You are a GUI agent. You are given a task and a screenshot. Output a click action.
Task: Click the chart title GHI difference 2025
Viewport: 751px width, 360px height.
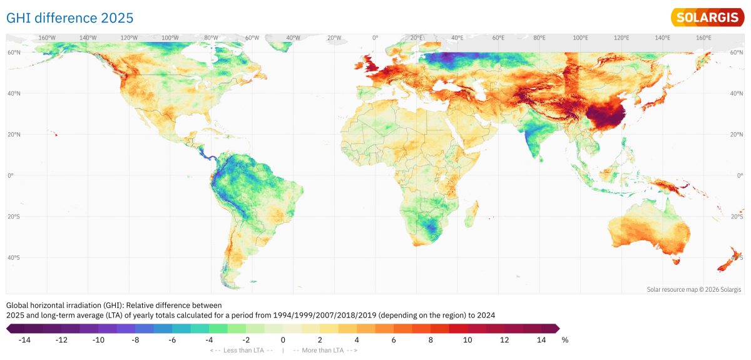click(x=69, y=18)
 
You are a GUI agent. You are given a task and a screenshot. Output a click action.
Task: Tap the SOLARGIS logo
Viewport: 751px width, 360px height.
click(x=707, y=18)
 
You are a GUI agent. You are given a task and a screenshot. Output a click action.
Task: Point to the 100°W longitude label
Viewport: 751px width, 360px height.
click(x=170, y=38)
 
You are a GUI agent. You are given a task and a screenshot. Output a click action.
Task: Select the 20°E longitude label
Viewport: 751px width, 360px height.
click(x=417, y=38)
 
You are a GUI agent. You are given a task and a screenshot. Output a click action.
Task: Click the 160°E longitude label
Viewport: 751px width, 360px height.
click(x=703, y=38)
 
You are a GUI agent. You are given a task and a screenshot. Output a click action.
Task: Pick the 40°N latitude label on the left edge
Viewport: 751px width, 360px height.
click(x=13, y=94)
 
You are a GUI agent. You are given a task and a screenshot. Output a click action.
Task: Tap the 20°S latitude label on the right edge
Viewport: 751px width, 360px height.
click(x=737, y=217)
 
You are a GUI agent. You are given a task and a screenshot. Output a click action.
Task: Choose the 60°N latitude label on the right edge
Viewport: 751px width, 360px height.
click(x=737, y=53)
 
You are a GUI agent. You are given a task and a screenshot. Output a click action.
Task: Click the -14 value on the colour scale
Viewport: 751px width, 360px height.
click(x=24, y=340)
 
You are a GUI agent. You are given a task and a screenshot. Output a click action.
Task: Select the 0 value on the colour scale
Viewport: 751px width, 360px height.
click(x=283, y=340)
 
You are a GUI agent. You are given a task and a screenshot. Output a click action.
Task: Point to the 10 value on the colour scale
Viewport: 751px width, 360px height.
click(x=467, y=340)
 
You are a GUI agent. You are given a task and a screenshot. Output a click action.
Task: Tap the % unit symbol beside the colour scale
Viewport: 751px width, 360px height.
click(x=565, y=340)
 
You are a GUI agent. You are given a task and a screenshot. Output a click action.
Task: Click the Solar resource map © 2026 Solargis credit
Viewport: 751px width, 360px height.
click(x=693, y=289)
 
